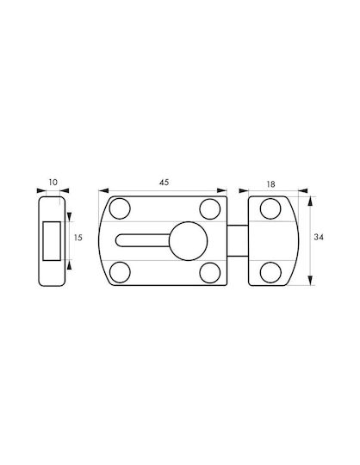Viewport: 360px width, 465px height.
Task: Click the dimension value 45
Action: coord(164,182)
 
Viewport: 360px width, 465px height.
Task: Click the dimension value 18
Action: coord(270,184)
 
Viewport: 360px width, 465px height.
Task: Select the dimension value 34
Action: coord(319,238)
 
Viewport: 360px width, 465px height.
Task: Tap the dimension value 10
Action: coord(53,182)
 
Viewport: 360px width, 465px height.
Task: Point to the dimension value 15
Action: coord(78,238)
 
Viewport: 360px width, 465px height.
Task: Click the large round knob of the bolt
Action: coord(188,241)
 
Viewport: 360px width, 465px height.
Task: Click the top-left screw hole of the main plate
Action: coord(120,208)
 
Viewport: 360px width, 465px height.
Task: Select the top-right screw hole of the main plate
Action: coord(210,209)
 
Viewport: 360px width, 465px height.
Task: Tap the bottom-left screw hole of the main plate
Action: coord(120,272)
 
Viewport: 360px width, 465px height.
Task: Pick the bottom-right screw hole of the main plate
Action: coord(210,273)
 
